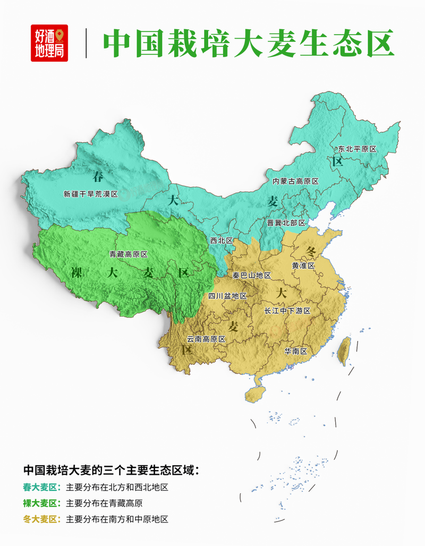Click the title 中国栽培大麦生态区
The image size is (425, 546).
coord(248,43)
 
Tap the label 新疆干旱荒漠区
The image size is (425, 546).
coord(90,194)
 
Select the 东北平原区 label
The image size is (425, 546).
coord(353,150)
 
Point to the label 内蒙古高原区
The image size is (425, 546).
coord(295,181)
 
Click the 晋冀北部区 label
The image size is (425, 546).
coord(286,223)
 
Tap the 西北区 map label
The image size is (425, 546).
coord(222,241)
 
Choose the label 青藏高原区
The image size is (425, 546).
coord(128,254)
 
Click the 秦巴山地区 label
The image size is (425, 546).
coord(252,276)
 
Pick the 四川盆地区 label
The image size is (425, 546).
coord(227,296)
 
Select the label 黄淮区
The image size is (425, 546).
coord(304,265)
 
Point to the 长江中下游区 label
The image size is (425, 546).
coord(287,311)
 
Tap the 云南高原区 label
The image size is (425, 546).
coord(206,339)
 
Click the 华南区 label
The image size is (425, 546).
coord(296,351)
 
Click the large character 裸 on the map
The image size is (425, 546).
coord(77,274)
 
